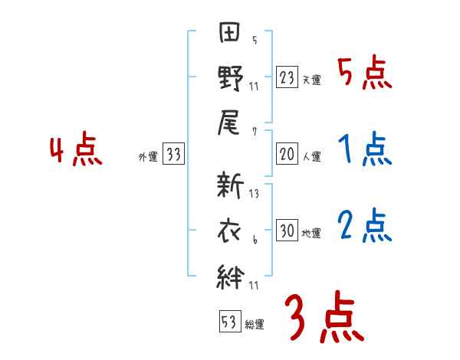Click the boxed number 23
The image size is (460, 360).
(x=286, y=77)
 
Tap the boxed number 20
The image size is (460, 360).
(x=286, y=154)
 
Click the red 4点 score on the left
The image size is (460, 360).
(x=76, y=150)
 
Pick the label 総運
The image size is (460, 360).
(x=255, y=324)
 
